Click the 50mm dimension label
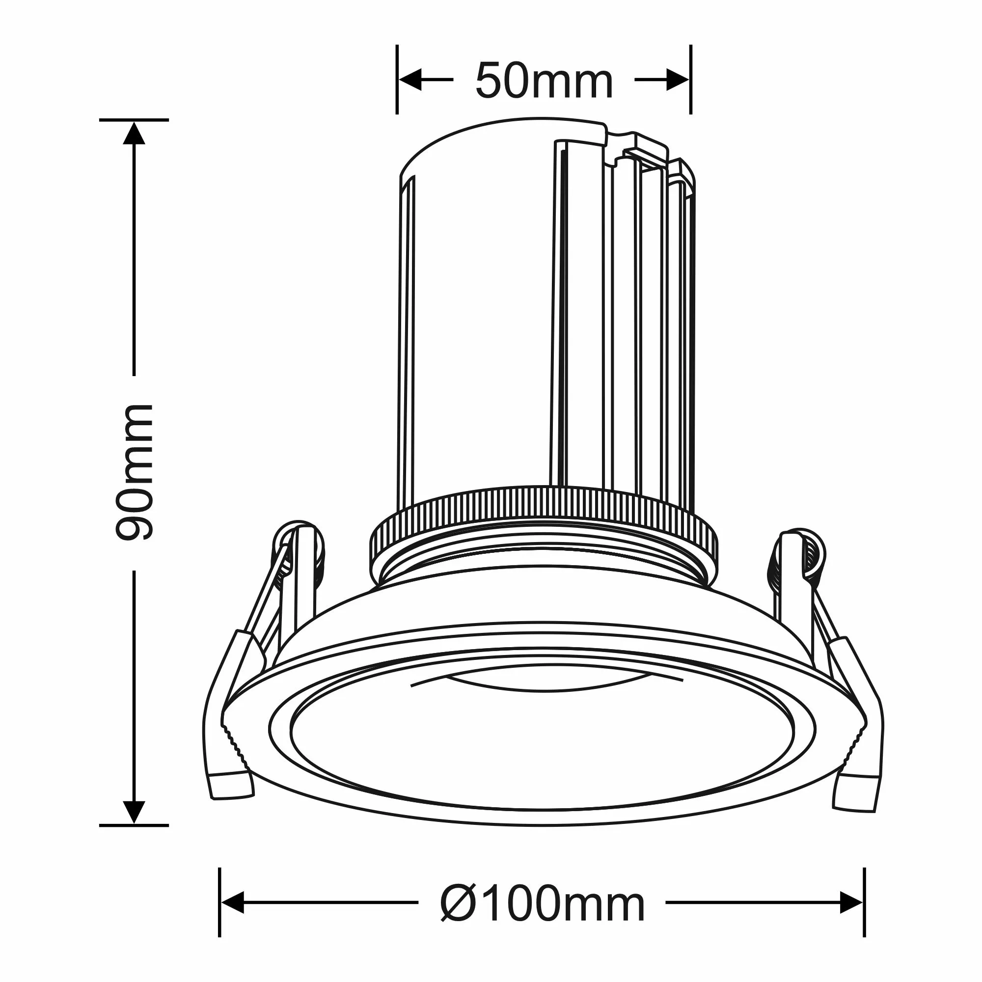544,82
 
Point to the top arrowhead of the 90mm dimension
134,133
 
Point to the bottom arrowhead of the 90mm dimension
134,812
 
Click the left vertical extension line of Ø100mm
219,902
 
